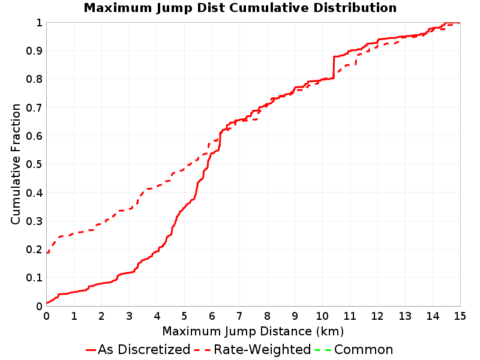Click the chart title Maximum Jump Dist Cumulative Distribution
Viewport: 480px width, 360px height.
coord(240,8)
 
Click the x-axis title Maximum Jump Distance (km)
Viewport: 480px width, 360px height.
coord(253,331)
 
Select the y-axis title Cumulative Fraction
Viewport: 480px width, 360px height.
coord(16,164)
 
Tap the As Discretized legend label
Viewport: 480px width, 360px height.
coord(144,350)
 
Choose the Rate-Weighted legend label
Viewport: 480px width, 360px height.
coord(262,350)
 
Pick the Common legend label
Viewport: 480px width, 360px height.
coord(364,350)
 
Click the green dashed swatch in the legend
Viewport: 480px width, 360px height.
coord(323,350)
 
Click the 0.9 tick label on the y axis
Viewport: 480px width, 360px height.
coord(34,50)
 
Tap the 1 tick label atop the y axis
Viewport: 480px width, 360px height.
coord(39,22)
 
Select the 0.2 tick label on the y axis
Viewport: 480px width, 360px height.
coord(34,249)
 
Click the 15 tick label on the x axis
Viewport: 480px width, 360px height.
coord(460,316)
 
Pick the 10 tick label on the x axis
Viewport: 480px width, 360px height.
coord(322,316)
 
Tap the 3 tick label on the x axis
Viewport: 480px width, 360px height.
coord(129,316)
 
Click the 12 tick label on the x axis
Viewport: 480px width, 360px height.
coord(377,316)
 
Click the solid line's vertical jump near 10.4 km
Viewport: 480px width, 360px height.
coord(334,67)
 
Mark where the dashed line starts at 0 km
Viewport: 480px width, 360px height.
coord(47,253)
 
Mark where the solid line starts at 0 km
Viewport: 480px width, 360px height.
coord(47,303)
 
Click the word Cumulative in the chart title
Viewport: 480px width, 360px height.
coord(269,8)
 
